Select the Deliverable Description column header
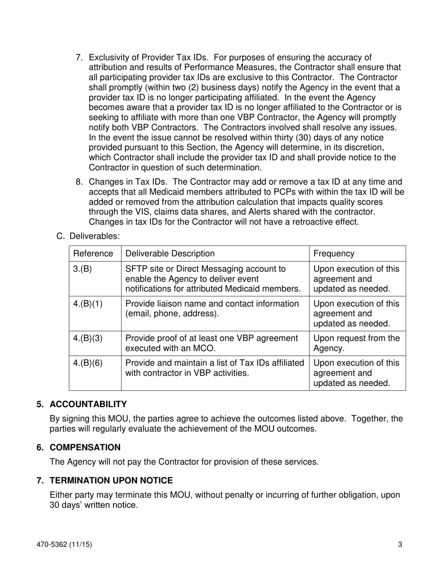point(170,253)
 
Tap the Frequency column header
point(334,253)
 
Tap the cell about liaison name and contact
point(212,309)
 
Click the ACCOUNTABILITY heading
point(88,404)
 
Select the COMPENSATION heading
point(85,447)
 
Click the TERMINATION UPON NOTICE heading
point(111,481)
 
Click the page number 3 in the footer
point(400,544)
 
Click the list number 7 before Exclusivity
point(79,57)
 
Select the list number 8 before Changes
point(79,182)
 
